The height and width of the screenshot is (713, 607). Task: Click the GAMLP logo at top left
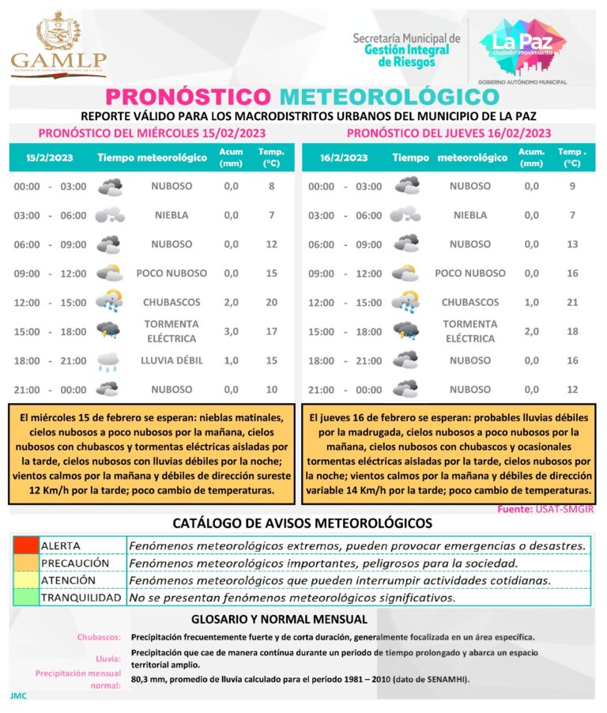click(58, 45)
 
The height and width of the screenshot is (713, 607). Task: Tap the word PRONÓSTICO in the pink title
click(188, 96)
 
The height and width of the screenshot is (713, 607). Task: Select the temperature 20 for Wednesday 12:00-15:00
click(271, 302)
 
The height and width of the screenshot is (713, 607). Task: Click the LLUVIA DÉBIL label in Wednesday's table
click(172, 360)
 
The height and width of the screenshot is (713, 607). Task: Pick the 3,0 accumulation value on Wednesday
click(231, 331)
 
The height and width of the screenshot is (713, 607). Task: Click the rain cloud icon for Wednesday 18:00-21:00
click(108, 361)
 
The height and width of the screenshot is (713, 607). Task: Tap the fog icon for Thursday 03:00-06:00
click(406, 215)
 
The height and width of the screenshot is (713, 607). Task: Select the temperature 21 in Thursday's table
click(572, 302)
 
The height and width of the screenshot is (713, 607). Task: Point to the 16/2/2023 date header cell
click(345, 157)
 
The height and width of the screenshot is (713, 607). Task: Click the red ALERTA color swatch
click(25, 545)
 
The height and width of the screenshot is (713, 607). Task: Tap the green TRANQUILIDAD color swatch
click(25, 598)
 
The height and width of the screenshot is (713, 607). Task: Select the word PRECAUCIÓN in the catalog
click(75, 563)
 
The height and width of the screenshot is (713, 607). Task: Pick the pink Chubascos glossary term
click(99, 637)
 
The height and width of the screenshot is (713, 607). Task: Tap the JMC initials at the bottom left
click(18, 696)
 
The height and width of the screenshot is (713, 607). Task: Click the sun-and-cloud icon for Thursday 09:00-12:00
click(406, 274)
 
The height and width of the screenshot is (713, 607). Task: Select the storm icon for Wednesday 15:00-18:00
click(108, 331)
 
